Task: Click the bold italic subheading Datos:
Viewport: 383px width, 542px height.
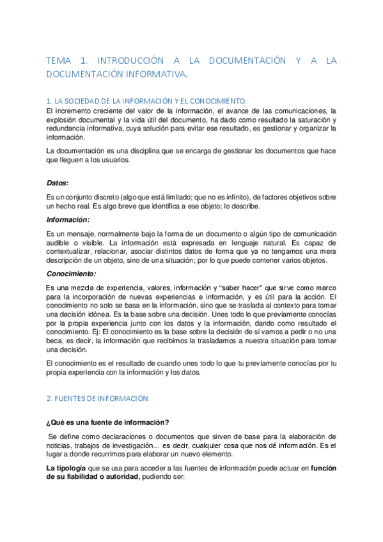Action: pyautogui.click(x=58, y=182)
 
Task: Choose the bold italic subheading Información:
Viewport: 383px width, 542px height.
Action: pyautogui.click(x=67, y=219)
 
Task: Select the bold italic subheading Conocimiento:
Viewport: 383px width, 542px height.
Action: pyautogui.click(x=71, y=274)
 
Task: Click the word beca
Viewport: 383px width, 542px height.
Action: pyautogui.click(x=56, y=341)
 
